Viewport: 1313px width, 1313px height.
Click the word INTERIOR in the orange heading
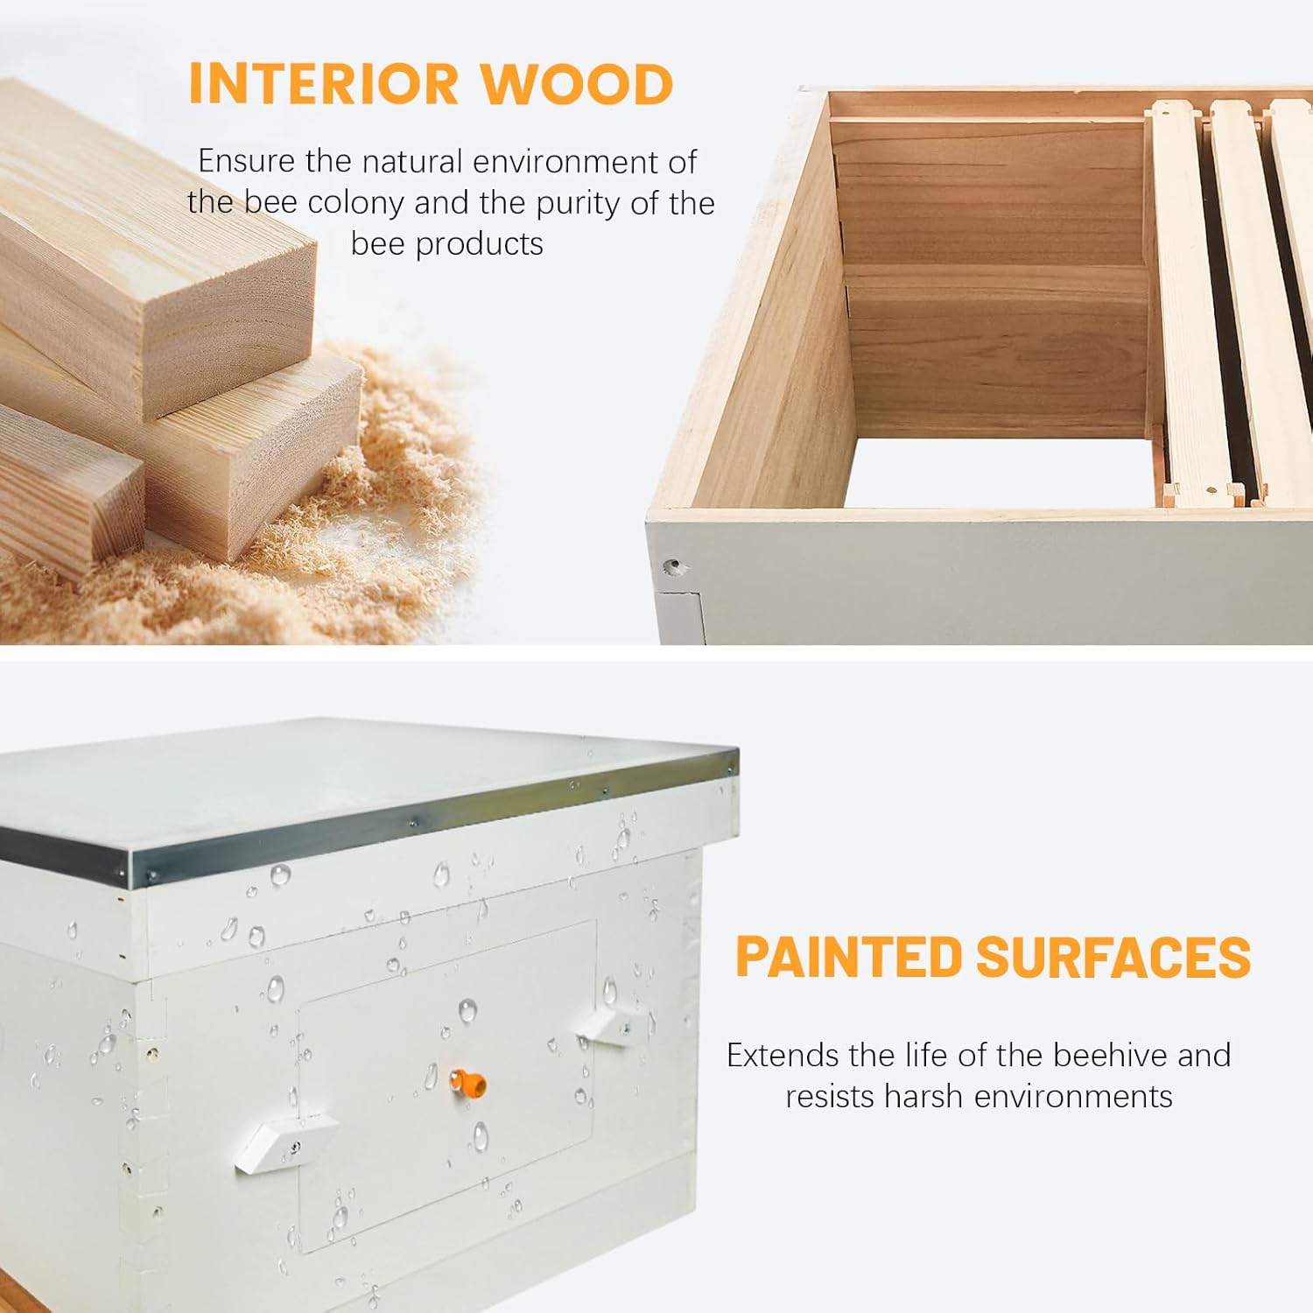pyautogui.click(x=323, y=84)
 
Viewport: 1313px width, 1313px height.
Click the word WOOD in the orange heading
pyautogui.click(x=577, y=84)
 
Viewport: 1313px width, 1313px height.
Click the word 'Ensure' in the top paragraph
pyautogui.click(x=246, y=161)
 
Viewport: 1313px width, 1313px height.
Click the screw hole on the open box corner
pyautogui.click(x=673, y=567)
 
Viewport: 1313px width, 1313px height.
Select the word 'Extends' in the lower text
pyautogui.click(x=782, y=1055)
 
